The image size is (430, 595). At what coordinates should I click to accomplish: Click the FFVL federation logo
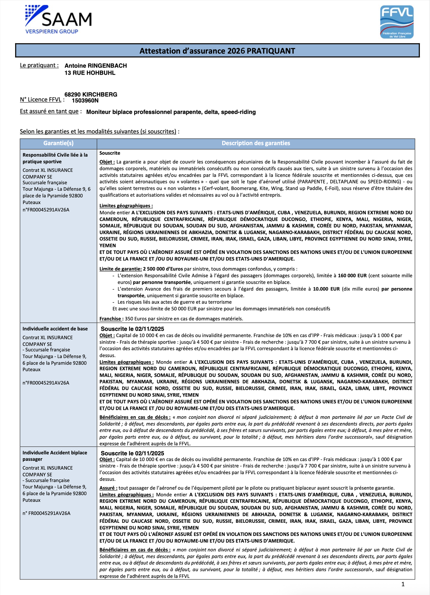coord(397,22)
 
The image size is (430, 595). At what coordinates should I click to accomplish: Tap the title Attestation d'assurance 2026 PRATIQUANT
coord(217,51)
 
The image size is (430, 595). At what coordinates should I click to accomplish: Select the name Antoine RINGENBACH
coord(96,66)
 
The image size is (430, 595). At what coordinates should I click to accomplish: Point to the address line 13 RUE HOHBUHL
coord(90,73)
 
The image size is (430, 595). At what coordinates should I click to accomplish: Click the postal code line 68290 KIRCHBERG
coord(91,95)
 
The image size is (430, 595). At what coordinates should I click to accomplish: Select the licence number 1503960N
coord(85,101)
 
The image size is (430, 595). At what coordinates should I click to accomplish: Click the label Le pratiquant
coord(39,65)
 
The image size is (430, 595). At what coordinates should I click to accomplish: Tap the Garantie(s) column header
coord(58,143)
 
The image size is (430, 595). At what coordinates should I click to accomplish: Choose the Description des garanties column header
coord(256,143)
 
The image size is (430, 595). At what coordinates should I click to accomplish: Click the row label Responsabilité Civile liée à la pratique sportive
coord(55,158)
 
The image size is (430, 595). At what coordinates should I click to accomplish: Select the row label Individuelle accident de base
coord(55,329)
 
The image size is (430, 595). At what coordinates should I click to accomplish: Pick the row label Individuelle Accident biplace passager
coord(55,456)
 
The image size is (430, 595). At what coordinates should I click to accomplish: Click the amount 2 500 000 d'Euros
coord(163,269)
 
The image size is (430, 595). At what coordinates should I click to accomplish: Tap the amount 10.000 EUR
coord(326,289)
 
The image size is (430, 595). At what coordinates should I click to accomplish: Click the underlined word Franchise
coord(110,319)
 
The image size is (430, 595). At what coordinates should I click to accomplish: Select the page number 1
coord(403,584)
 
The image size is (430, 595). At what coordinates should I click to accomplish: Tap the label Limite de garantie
coord(120,269)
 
